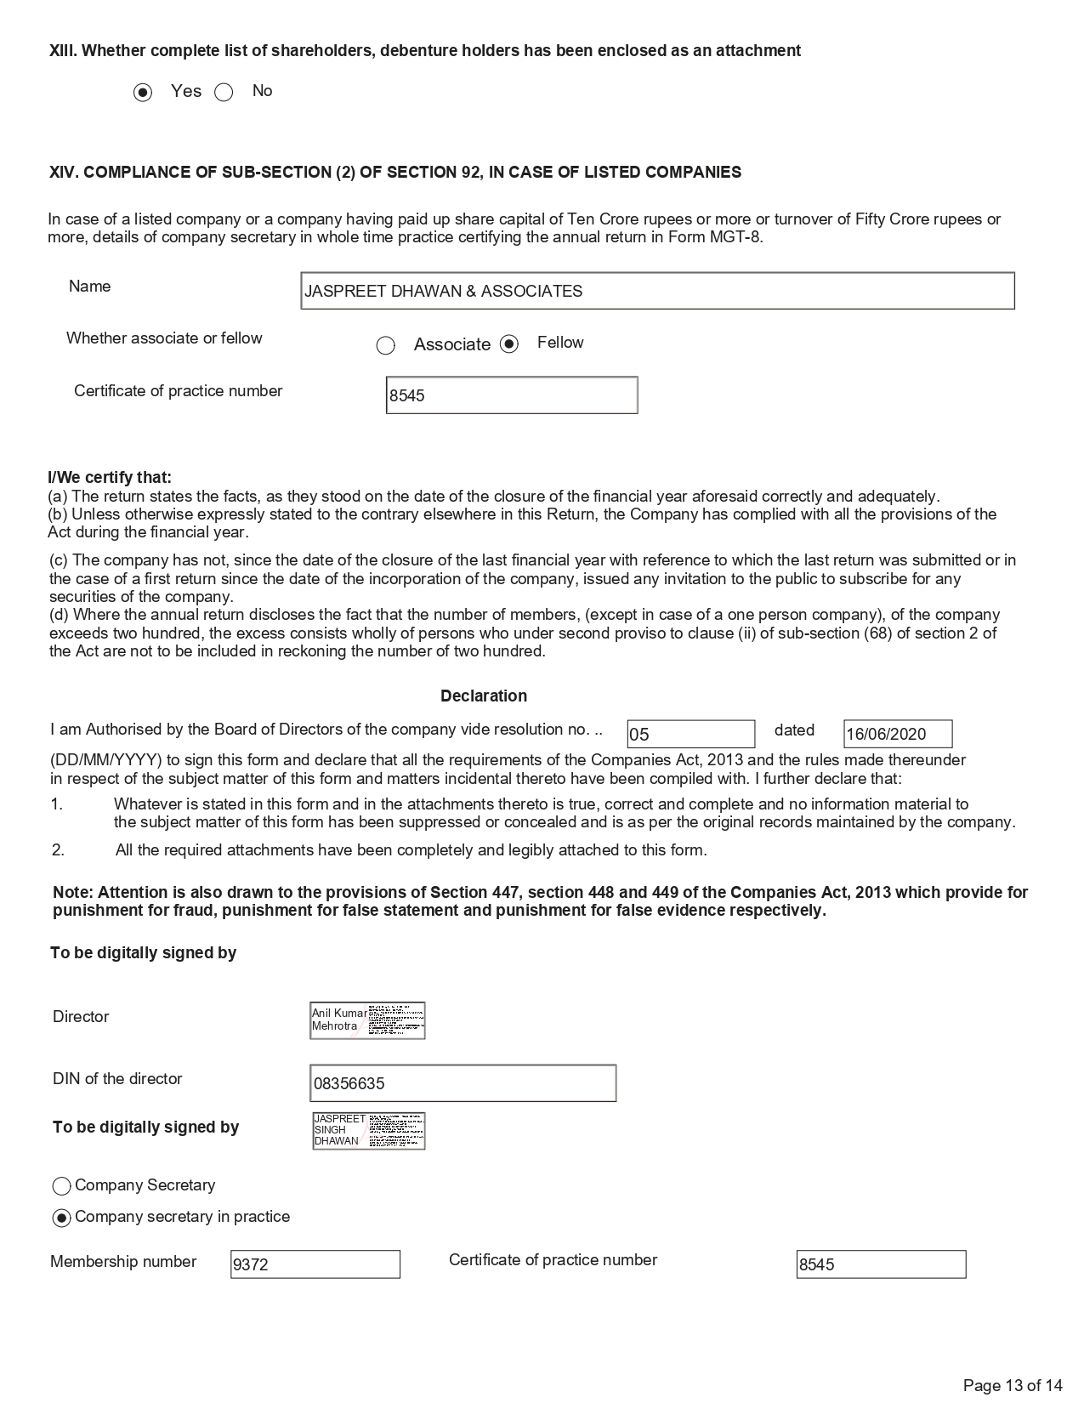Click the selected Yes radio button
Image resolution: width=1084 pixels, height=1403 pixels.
143,93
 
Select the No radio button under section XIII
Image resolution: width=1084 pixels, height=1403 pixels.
224,93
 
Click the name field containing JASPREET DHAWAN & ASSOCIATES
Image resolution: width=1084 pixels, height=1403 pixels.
657,291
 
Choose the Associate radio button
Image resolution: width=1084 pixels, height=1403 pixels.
386,345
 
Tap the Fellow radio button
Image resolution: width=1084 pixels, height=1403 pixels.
509,344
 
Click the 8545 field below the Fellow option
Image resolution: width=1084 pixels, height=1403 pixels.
512,395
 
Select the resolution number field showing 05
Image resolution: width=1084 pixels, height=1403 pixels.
690,734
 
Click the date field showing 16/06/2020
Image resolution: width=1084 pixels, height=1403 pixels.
898,734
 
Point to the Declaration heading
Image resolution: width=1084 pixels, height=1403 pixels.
484,696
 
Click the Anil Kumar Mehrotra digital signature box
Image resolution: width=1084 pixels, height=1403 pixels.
367,1020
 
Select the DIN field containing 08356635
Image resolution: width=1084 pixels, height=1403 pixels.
463,1083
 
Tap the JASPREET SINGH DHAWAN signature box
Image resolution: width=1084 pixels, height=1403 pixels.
368,1131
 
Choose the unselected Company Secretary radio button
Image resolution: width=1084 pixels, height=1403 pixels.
61,1186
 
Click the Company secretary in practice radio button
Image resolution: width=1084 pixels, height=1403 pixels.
61,1218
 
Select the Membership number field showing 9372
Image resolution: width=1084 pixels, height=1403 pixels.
315,1264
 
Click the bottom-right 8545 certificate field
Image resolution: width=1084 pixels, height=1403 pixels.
881,1264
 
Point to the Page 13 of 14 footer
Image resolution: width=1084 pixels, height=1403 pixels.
1013,1385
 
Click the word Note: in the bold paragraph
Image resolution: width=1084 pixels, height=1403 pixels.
73,893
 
